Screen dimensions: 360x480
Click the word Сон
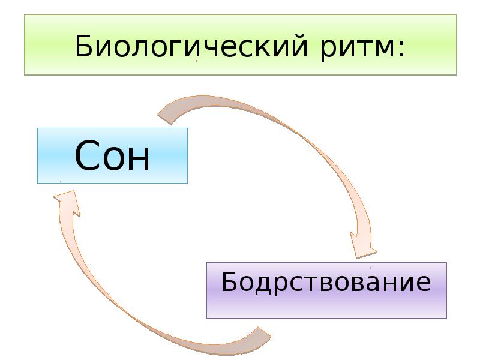click(x=112, y=156)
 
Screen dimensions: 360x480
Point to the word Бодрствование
click(x=326, y=281)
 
